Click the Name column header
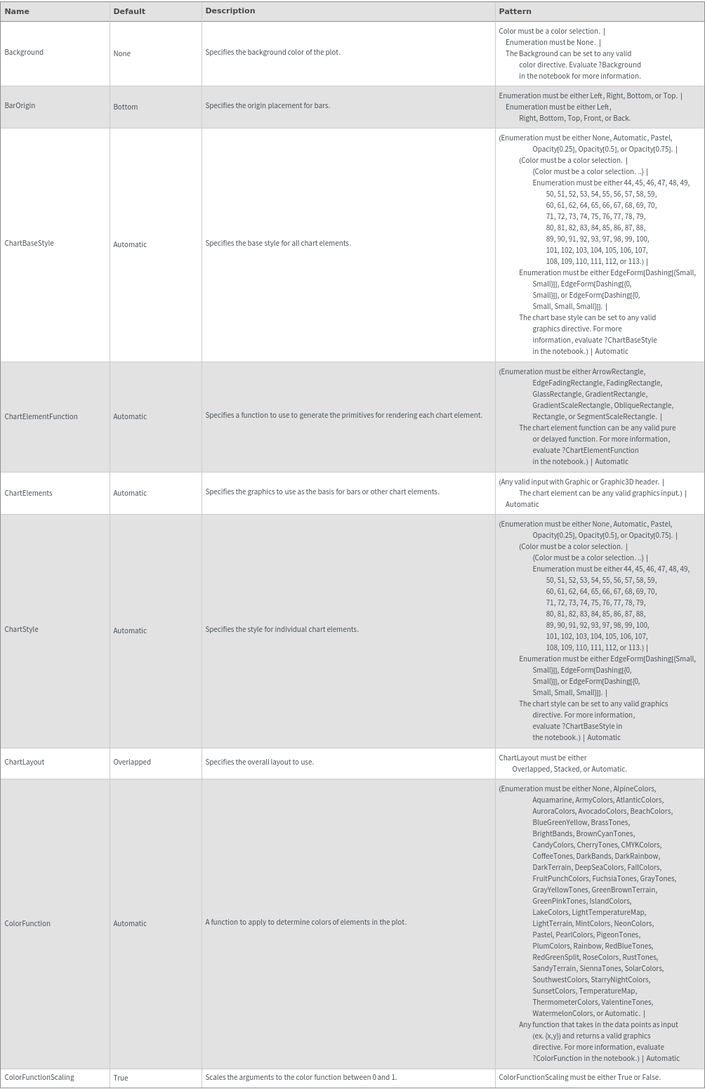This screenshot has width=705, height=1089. tap(17, 11)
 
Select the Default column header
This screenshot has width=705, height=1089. tap(129, 11)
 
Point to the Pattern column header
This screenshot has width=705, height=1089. tap(515, 11)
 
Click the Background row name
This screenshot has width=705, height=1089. tap(24, 53)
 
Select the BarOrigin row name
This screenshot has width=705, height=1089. tap(20, 106)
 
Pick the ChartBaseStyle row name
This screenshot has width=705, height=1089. tap(29, 244)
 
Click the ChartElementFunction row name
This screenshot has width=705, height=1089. tap(41, 417)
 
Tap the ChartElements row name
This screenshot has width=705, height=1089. tap(28, 494)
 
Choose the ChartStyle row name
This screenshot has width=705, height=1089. tap(21, 630)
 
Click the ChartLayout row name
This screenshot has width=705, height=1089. tap(24, 763)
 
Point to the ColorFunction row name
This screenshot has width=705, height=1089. tap(27, 924)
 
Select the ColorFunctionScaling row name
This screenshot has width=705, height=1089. tap(39, 1078)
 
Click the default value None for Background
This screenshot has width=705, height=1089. tap(121, 54)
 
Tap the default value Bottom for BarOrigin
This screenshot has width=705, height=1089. tap(125, 107)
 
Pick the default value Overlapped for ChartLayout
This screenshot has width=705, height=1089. tap(132, 763)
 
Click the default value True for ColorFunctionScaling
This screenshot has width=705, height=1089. tap(120, 1078)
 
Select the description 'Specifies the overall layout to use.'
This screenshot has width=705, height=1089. tap(259, 763)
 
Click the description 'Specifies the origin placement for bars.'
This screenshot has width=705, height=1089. tap(268, 106)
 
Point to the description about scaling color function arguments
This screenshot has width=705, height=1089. tap(301, 1078)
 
